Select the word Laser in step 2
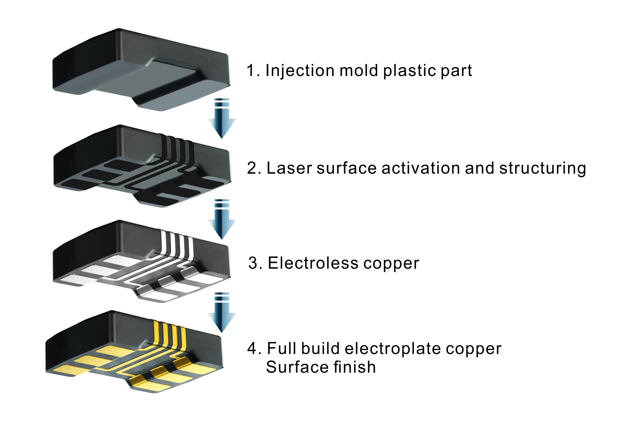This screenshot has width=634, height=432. coord(288,168)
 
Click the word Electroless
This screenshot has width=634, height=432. coord(312,263)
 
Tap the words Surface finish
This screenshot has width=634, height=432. coord(321,367)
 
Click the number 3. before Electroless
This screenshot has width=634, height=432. coord(255,263)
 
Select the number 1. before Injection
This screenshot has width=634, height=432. coord(253,71)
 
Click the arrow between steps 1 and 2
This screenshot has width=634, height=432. coord(222,119)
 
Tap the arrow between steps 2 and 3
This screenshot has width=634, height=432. coord(222,219)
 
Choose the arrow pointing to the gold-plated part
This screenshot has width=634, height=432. coord(222,313)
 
